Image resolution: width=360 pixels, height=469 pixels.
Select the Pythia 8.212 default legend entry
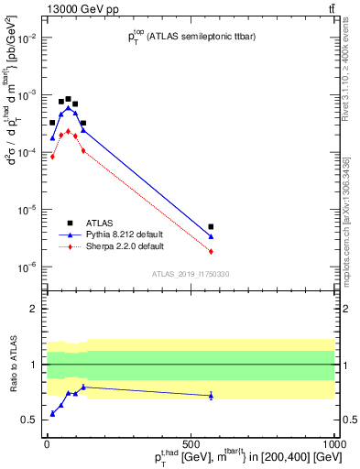click(x=115, y=234)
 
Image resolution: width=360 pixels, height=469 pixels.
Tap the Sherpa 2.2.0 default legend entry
click(x=115, y=246)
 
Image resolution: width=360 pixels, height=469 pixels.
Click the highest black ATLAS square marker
click(x=69, y=99)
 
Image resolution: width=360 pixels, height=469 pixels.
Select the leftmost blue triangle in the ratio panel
click(x=52, y=414)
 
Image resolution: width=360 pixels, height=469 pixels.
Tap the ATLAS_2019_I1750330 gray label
click(x=191, y=274)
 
